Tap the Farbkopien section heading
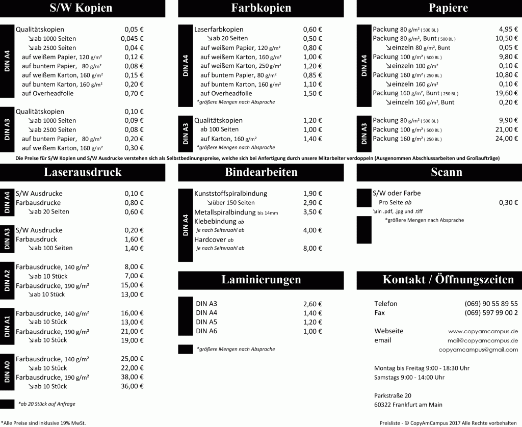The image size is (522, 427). tap(261, 8)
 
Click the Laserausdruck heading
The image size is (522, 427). tap(83, 172)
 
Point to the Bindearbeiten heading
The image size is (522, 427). tap(261, 172)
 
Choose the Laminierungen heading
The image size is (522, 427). tap(261, 280)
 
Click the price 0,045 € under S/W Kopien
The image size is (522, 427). tap(132, 39)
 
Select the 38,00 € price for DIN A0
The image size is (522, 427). tap(132, 377)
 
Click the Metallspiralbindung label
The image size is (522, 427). tap(225, 212)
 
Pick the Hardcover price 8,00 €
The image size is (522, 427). tap(312, 249)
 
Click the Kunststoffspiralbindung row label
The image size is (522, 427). tap(230, 194)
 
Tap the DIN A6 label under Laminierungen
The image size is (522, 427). tap(206, 331)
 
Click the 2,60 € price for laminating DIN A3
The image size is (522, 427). tap(312, 304)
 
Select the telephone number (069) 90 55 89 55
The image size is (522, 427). tap(491, 304)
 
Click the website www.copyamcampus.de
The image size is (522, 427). tap(483, 331)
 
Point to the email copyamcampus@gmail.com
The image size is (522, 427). tap(478, 350)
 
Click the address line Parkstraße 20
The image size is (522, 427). tap(393, 395)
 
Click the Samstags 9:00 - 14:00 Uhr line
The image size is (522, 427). tap(409, 377)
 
